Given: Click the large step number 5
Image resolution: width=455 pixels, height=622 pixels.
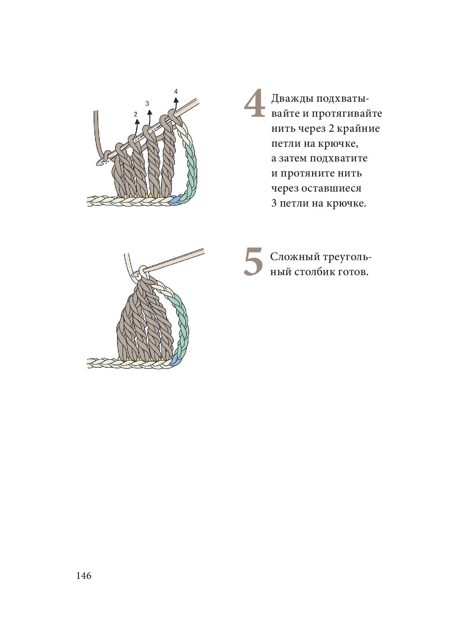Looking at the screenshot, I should click(254, 262).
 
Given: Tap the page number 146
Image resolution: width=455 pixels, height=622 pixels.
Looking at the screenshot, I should click(84, 576).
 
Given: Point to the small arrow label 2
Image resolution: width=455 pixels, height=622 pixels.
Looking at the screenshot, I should click(136, 114).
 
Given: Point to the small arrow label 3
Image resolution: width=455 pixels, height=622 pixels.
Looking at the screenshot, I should click(147, 103).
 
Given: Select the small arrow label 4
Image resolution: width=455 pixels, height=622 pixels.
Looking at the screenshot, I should click(176, 91).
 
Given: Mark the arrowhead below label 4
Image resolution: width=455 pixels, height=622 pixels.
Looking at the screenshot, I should click(176, 100).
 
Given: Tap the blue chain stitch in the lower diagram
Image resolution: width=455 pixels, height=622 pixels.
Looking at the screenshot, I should click(174, 361).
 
